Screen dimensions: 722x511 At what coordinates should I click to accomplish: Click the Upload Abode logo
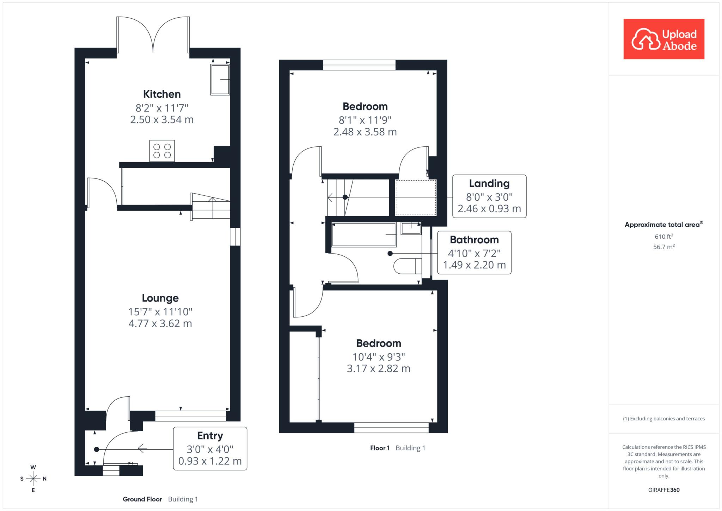point(664,39)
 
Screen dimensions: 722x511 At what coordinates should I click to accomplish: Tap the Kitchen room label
point(162,94)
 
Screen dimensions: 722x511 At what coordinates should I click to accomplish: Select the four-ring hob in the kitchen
point(162,151)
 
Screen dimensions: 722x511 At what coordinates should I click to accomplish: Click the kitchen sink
point(220,79)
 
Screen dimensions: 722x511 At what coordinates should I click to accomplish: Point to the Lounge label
point(160,298)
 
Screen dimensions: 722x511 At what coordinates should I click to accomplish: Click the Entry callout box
point(210,449)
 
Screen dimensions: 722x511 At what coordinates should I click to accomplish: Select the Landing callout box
point(489,196)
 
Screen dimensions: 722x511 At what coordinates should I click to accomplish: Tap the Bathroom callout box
point(474,253)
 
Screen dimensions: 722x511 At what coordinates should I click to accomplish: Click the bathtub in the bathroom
point(364,235)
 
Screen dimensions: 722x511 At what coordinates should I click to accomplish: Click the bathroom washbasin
point(411,228)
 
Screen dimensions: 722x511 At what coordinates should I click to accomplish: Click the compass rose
point(33,479)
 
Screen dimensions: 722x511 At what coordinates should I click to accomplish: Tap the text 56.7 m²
point(664,247)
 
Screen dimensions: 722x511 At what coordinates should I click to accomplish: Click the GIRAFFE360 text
point(664,490)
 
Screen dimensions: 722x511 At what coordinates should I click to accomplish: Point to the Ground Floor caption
point(142,499)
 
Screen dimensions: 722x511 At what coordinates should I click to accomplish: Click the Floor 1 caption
point(380,448)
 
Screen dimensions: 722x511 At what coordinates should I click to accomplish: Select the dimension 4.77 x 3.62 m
point(160,323)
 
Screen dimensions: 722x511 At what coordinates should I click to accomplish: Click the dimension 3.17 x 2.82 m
point(379,369)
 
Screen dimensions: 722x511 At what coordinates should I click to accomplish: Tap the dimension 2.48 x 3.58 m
point(365,132)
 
